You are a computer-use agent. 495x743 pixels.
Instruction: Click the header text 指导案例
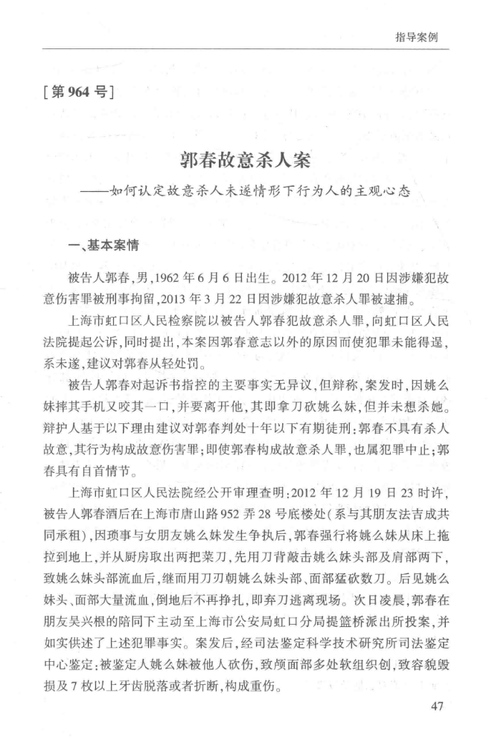[x=421, y=37]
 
